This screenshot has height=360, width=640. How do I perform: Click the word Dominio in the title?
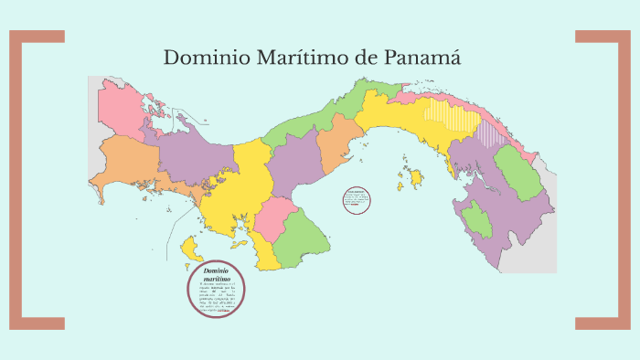199,58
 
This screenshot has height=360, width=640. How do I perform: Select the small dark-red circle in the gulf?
356,201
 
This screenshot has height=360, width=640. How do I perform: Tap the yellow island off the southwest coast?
192,247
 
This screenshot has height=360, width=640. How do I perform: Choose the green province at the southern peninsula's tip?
302,238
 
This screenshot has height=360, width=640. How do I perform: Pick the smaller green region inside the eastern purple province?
476,220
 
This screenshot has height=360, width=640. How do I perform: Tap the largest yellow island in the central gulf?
417,175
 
